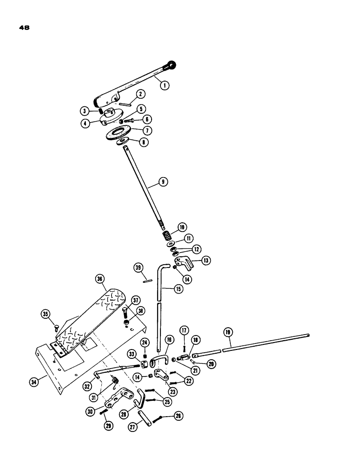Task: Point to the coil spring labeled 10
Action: (166, 232)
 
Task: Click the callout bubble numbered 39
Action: (138, 267)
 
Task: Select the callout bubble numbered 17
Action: (184, 331)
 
